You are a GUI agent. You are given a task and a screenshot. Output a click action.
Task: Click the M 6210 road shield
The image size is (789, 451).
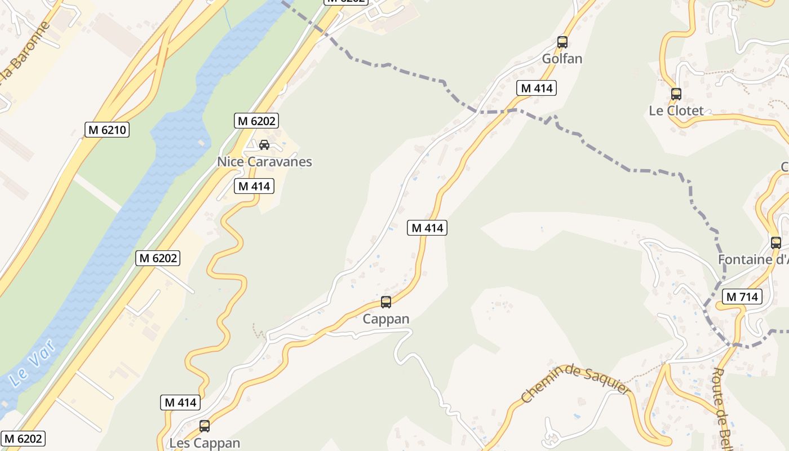pyautogui.click(x=108, y=130)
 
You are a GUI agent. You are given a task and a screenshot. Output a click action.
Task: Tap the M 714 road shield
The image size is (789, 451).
pyautogui.click(x=743, y=297)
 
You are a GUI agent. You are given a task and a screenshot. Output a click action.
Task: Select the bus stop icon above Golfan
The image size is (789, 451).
pyautogui.click(x=562, y=42)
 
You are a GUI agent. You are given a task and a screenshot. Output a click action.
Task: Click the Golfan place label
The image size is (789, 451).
pyautogui.click(x=562, y=59)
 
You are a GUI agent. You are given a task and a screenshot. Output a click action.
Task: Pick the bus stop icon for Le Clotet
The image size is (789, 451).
pyautogui.click(x=676, y=94)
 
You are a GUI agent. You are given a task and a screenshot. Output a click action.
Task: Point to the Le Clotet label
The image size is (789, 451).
pyautogui.click(x=676, y=110)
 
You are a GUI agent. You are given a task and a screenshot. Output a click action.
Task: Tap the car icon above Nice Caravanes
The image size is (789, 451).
pyautogui.click(x=264, y=145)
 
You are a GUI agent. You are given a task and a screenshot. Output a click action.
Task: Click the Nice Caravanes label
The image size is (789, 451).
pyautogui.click(x=264, y=162)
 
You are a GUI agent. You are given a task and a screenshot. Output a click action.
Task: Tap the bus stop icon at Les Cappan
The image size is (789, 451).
pyautogui.click(x=205, y=426)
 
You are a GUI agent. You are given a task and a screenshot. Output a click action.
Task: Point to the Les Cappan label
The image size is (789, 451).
pyautogui.click(x=205, y=443)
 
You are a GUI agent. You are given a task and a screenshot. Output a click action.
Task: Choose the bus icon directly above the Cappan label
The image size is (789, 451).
pyautogui.click(x=386, y=302)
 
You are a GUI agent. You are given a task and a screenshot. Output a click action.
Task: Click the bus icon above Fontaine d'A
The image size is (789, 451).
pyautogui.click(x=776, y=243)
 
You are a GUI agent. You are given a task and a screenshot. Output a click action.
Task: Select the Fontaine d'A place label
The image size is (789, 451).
pyautogui.click(x=753, y=260)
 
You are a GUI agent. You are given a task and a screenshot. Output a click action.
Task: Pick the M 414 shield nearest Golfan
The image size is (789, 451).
pyautogui.click(x=536, y=88)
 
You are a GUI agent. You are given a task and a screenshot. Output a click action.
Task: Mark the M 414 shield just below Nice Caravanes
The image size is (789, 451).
pyautogui.click(x=254, y=186)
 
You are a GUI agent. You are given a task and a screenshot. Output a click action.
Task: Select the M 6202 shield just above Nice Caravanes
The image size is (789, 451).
pyautogui.click(x=257, y=120)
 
